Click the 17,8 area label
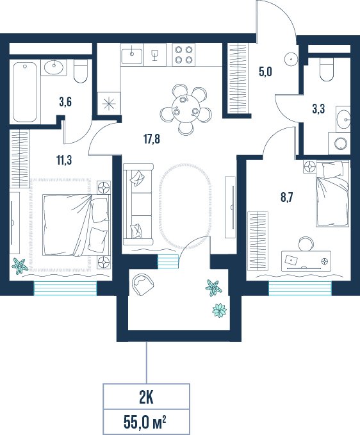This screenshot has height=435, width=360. tap(152, 139)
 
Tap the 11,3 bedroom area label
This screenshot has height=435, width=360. tap(64, 160)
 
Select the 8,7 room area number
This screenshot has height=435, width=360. tap(286, 197)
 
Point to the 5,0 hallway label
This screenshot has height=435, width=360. tap(265, 72)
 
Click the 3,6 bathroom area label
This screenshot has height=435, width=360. tap(65, 102)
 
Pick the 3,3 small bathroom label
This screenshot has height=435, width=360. tap(318, 109)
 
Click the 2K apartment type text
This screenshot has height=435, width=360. tap(146, 398)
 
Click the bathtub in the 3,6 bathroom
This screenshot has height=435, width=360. tap(25, 92)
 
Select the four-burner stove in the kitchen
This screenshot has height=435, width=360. tap(183, 54)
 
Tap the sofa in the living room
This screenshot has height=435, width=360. tap(138, 204)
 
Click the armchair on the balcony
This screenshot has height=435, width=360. tap(143, 284)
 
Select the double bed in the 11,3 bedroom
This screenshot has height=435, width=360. tap(76, 225)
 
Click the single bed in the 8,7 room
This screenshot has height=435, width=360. tap(332, 193)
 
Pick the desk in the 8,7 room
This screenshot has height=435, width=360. tap(306, 261)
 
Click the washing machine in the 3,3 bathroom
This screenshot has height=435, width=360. tap(340, 144)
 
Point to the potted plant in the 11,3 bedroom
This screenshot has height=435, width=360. tap(19, 266)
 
